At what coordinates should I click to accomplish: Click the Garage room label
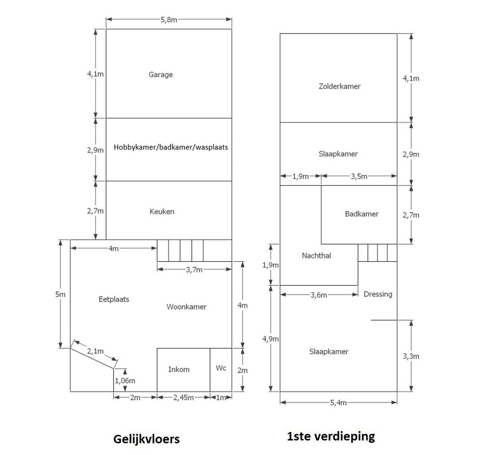(161, 75)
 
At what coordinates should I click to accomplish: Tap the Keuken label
(162, 211)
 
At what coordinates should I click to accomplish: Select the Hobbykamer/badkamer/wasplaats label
(171, 147)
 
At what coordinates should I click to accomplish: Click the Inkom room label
(179, 369)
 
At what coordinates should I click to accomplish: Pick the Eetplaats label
(114, 300)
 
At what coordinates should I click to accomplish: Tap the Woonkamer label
(186, 307)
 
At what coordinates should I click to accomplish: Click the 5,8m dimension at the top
(169, 20)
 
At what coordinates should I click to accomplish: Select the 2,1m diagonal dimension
(95, 351)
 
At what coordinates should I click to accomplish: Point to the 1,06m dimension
(125, 380)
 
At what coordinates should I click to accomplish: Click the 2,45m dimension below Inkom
(183, 398)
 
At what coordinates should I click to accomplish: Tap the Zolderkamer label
(339, 86)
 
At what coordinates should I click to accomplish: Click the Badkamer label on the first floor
(362, 214)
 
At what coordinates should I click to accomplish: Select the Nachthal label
(316, 256)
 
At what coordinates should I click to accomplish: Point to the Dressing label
(378, 294)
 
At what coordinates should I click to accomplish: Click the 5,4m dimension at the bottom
(339, 403)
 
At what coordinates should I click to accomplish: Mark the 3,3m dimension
(411, 356)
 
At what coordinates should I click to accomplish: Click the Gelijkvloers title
(146, 439)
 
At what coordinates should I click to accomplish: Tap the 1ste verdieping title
(331, 436)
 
